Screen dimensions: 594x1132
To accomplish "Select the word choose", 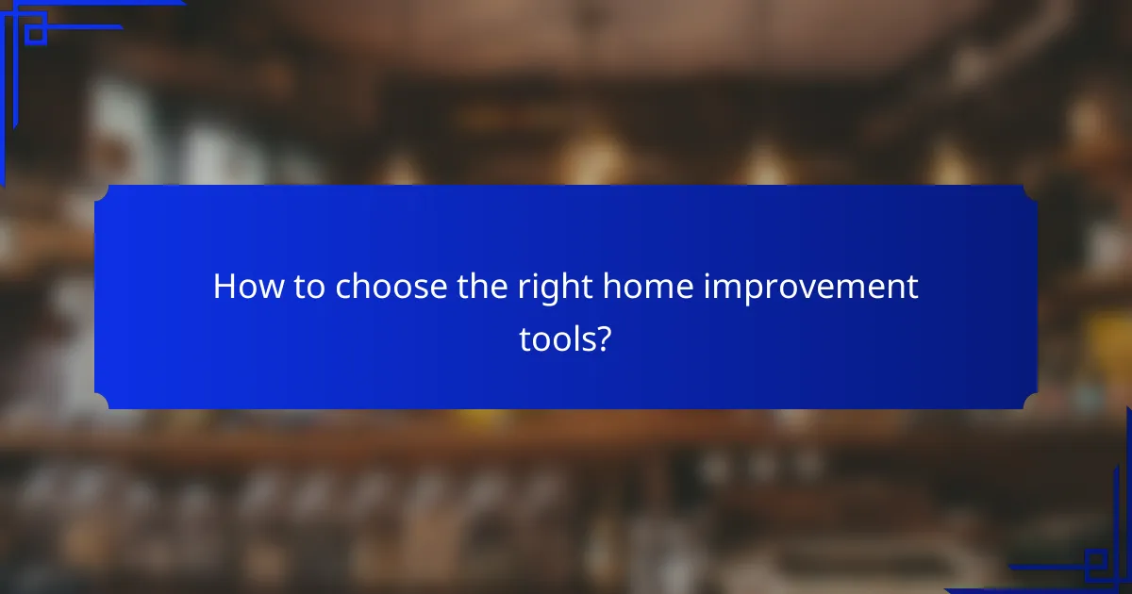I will pos(383,288).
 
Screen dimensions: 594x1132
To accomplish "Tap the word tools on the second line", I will pos(557,338).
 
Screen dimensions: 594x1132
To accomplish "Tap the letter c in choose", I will pos(343,289).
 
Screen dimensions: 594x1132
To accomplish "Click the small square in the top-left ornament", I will pos(35,34).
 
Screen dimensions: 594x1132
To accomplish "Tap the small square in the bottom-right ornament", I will pos(1096,563).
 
